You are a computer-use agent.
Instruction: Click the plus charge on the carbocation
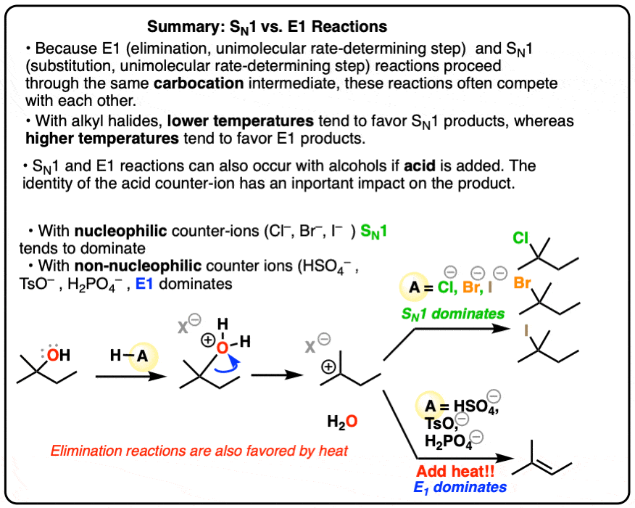(x=328, y=367)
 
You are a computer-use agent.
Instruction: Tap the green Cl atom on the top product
(x=520, y=237)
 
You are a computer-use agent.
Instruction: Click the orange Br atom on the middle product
(x=523, y=282)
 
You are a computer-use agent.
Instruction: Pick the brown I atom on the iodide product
(x=526, y=329)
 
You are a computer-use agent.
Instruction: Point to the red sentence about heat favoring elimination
(x=199, y=450)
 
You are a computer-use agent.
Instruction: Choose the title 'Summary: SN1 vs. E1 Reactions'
(x=267, y=28)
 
